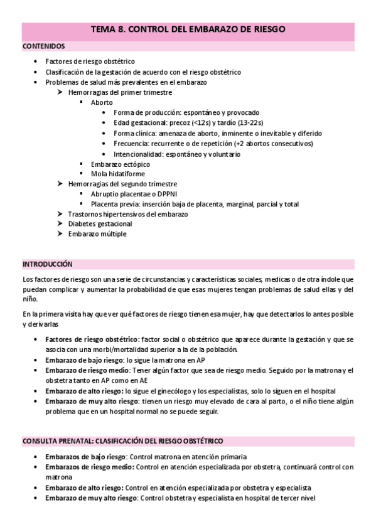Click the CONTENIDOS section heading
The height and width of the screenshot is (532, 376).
(43, 46)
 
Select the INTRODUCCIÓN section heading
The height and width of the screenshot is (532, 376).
(48, 263)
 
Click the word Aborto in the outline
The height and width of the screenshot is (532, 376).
(102, 102)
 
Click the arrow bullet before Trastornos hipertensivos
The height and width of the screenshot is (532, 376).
(58, 214)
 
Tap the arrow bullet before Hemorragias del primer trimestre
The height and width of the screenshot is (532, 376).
(58, 92)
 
